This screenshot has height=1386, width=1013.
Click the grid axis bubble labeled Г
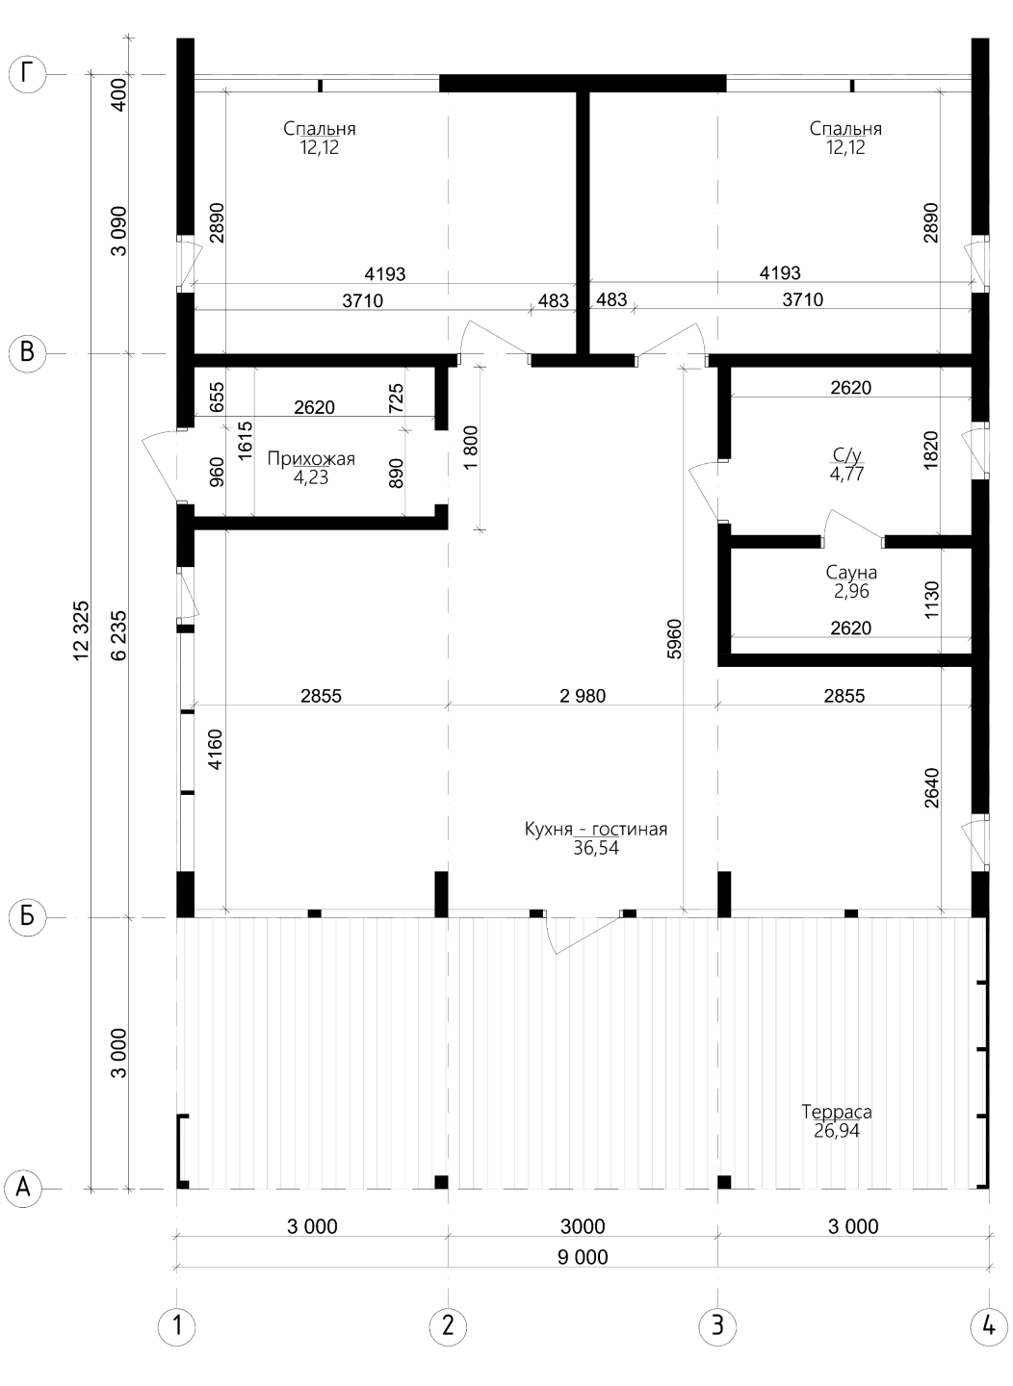(x=28, y=74)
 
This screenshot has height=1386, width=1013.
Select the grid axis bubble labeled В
(x=27, y=353)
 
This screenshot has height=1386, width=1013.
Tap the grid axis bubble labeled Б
(x=27, y=917)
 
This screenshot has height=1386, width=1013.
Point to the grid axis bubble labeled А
(x=23, y=1189)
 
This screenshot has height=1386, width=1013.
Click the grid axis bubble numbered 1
(x=177, y=1326)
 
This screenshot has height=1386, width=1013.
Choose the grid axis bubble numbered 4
(x=988, y=1326)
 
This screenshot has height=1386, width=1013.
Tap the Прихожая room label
(x=311, y=459)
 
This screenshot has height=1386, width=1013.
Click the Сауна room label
(x=851, y=573)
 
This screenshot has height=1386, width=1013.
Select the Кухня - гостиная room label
(x=596, y=829)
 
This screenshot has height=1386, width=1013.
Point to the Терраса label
(x=837, y=1112)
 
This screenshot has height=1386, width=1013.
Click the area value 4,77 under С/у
(x=847, y=474)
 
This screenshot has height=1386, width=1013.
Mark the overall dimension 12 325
(x=82, y=630)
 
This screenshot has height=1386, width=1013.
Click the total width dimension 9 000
(x=583, y=1258)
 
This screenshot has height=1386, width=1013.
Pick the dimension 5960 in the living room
(x=674, y=638)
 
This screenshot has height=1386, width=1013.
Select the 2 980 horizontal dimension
(x=582, y=696)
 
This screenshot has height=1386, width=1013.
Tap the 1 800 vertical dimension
(x=471, y=448)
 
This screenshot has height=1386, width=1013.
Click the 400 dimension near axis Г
(x=119, y=94)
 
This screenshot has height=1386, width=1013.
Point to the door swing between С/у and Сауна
(x=853, y=526)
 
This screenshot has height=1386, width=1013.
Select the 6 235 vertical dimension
(x=118, y=635)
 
